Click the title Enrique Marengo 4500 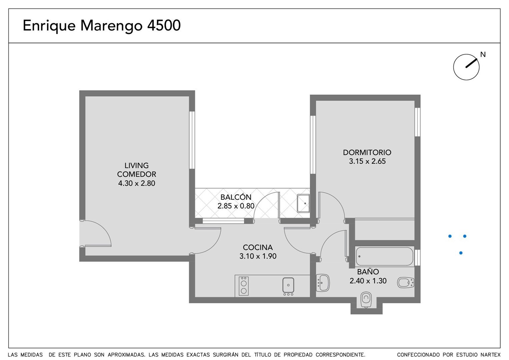(102, 26)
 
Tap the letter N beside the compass (483, 55)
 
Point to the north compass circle (466, 67)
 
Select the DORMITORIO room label (367, 152)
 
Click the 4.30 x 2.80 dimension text (137, 183)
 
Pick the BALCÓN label (236, 197)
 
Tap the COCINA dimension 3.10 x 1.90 (258, 256)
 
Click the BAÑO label (368, 272)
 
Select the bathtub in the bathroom (384, 256)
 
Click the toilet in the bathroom (366, 300)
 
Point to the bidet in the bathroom (406, 283)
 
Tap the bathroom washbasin (323, 283)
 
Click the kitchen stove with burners (244, 286)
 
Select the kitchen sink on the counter (288, 285)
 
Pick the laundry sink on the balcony (303, 203)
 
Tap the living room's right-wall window (192, 140)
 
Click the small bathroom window (417, 257)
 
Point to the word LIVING (136, 165)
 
